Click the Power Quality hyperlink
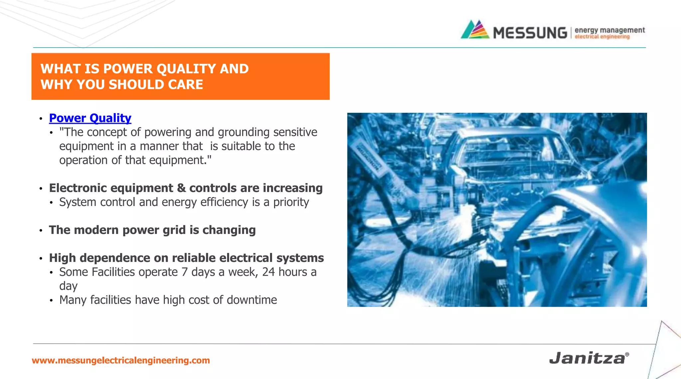coord(90,118)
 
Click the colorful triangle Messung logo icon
coord(475,30)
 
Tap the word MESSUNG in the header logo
coord(530,33)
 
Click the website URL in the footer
coord(121,360)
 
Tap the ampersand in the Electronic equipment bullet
coord(181,188)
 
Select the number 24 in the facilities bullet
coord(268,272)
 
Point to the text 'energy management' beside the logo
coord(610,30)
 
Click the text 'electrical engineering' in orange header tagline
coord(602,37)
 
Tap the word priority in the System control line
coord(291,202)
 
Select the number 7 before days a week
coord(185,272)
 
